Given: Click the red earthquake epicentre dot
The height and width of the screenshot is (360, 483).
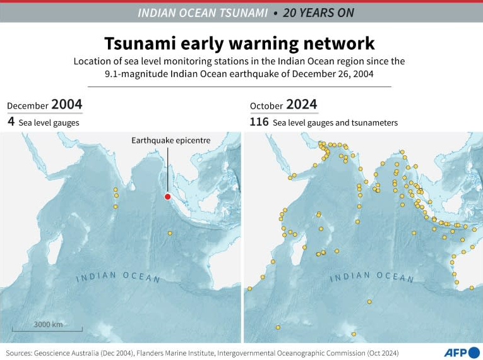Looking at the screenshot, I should [167, 196].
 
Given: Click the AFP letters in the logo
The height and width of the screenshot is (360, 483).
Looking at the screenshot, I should [452, 352].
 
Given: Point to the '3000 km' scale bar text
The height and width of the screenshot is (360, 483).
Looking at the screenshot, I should [48, 324].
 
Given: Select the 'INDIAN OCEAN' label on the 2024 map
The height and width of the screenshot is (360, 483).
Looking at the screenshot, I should [372, 277].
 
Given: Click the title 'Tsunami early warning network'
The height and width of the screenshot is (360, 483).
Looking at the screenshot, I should [239, 43].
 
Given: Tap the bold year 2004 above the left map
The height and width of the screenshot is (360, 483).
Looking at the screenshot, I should [66, 104].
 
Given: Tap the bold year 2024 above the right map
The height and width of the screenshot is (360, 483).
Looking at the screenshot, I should [301, 104].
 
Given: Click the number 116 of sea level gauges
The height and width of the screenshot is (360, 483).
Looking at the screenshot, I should [259, 122].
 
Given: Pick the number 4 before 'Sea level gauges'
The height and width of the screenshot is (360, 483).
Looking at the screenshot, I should [11, 122].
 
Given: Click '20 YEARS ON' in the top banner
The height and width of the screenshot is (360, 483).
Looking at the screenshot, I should [318, 13].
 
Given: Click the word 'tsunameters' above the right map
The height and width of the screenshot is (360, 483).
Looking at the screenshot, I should [374, 123].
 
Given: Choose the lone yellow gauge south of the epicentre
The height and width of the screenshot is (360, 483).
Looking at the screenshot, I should [170, 233].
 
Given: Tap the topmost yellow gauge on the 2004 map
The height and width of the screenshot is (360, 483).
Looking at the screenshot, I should [116, 189].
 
